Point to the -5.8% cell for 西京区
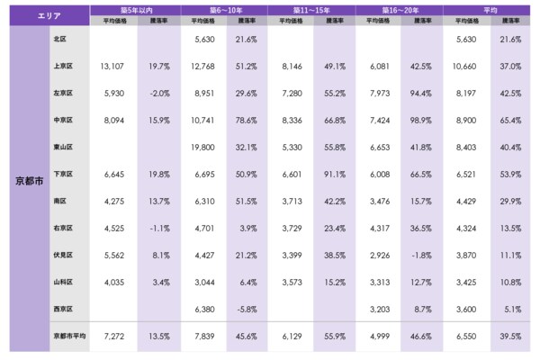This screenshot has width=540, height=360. point(246,309)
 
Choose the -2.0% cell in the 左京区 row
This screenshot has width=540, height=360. point(158,93)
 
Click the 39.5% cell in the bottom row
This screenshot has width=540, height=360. point(509,336)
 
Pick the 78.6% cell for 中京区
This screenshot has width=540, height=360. point(246,120)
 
